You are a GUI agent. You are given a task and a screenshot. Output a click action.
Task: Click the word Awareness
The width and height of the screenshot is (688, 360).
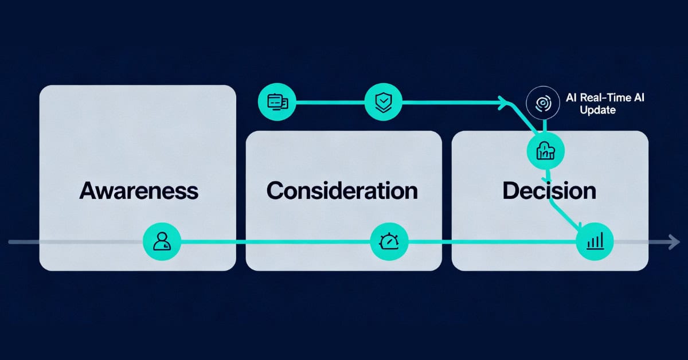point(139,190)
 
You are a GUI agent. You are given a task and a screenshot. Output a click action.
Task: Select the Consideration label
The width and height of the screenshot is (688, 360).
point(342,190)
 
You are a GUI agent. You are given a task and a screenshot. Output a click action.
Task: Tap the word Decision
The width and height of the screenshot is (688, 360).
point(549,190)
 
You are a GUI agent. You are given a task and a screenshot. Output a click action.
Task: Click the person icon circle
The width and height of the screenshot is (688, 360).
point(162,242)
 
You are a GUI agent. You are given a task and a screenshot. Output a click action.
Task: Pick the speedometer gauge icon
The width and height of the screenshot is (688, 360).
point(389,242)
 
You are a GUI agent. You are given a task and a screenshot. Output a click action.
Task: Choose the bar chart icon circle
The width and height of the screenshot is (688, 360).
point(595,242)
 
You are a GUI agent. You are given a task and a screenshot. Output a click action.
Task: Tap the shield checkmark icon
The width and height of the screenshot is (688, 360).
point(382,103)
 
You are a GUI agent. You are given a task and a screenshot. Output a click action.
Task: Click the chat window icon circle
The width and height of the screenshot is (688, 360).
point(277,103)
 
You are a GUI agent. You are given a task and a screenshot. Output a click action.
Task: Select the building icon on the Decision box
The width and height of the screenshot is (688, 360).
point(545,151)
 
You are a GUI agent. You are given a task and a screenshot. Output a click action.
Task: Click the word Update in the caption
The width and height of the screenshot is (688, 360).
point(597,110)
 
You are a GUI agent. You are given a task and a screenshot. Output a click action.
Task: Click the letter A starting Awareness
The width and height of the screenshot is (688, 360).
point(87,190)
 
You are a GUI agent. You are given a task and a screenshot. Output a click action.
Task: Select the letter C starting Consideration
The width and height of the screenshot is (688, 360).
point(275,190)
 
